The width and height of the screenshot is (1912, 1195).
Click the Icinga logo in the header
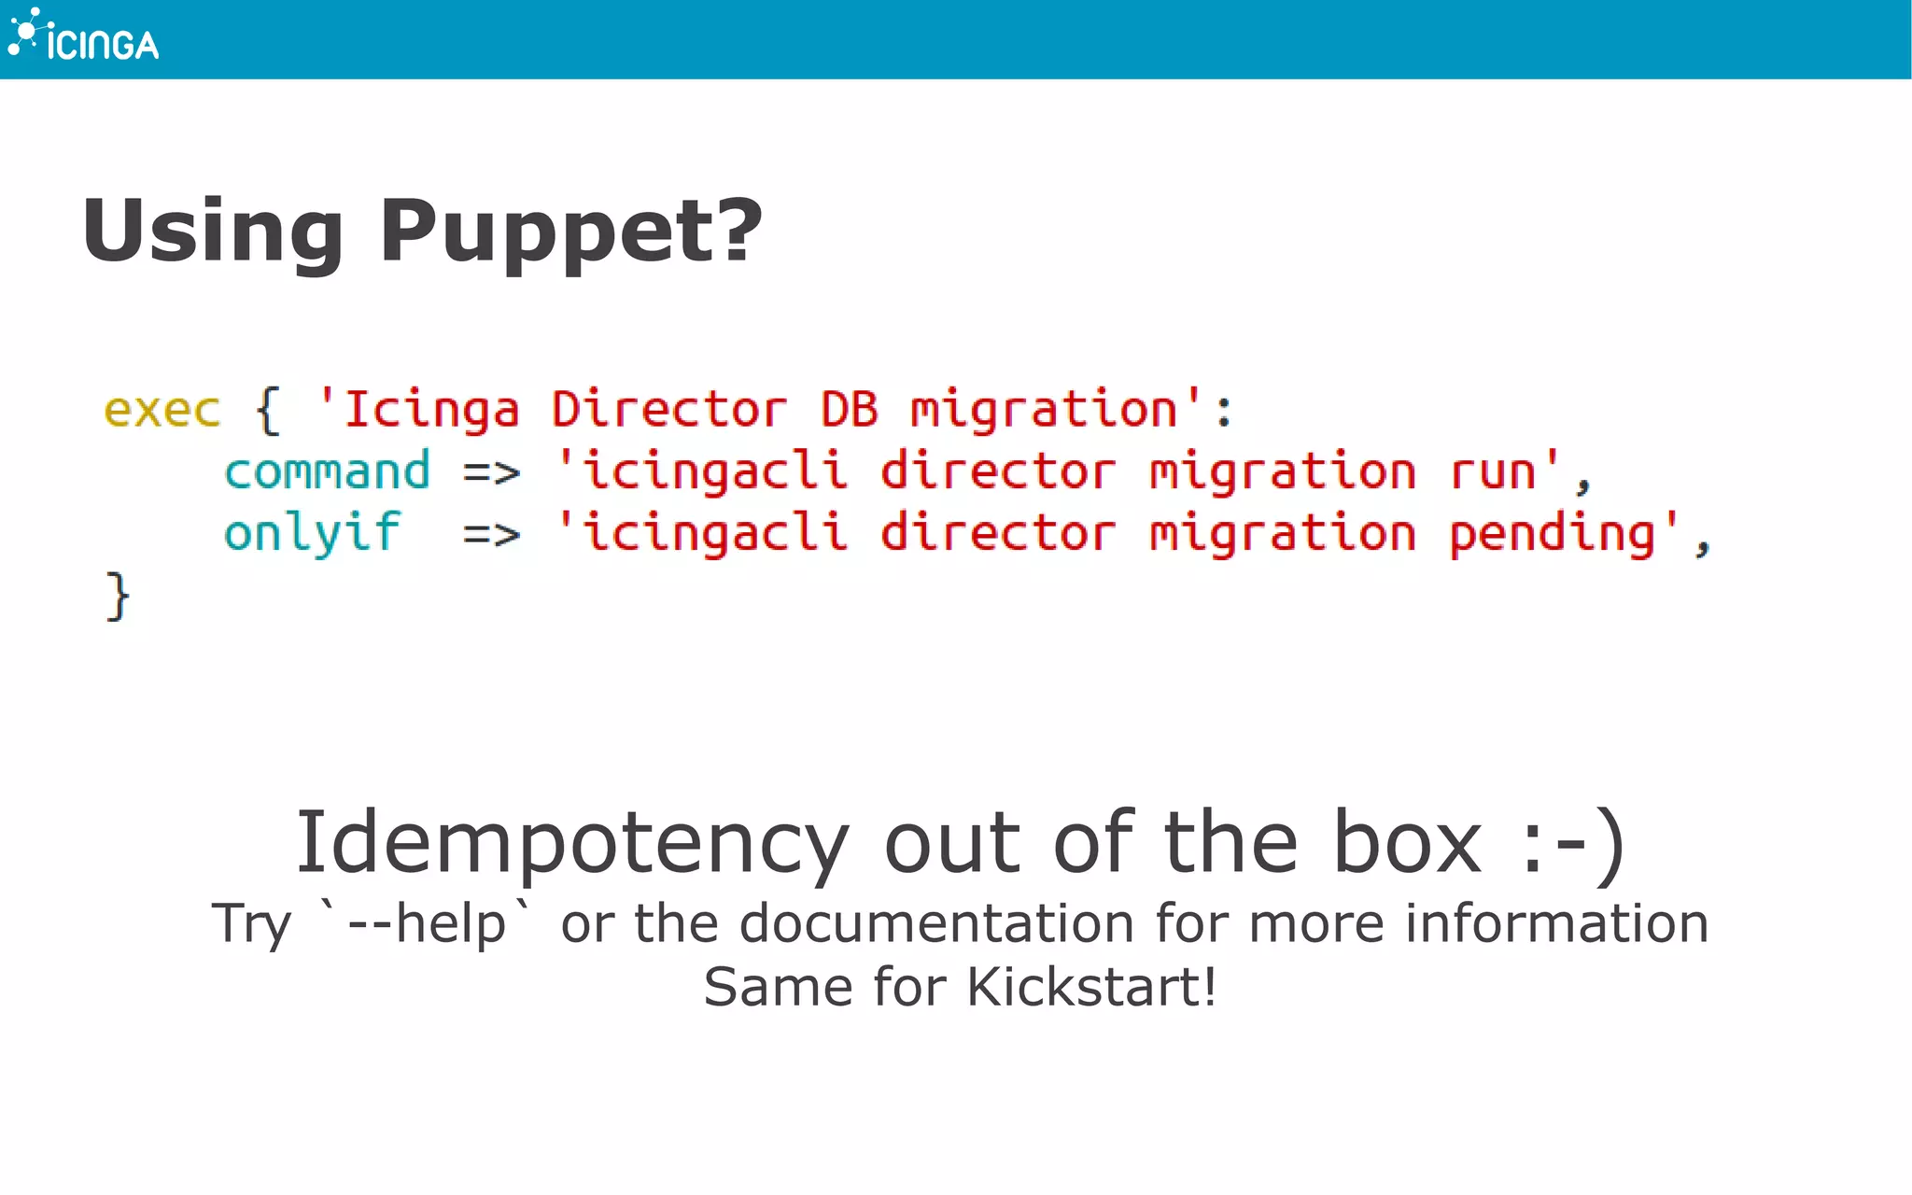(84, 37)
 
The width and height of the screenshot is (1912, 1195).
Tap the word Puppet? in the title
(570, 232)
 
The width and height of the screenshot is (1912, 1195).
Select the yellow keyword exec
(162, 411)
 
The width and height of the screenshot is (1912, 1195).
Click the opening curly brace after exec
(268, 411)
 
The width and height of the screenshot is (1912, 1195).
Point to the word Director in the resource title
(668, 411)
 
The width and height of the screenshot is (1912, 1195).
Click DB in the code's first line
(849, 411)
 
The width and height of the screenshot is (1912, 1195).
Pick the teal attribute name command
(327, 471)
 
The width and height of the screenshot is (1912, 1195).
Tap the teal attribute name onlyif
(312, 534)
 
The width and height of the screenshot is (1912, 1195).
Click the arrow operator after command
(491, 473)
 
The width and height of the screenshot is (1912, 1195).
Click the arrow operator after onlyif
(491, 535)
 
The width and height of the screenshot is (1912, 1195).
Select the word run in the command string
(1492, 471)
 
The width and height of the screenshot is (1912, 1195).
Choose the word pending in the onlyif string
(1552, 535)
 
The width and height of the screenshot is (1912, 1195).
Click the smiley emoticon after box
(1572, 843)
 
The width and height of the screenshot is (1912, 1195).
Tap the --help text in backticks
(426, 924)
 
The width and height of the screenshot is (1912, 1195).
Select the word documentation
(936, 924)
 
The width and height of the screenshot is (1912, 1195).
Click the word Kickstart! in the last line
(1091, 988)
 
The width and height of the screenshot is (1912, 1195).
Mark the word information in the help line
(1556, 924)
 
